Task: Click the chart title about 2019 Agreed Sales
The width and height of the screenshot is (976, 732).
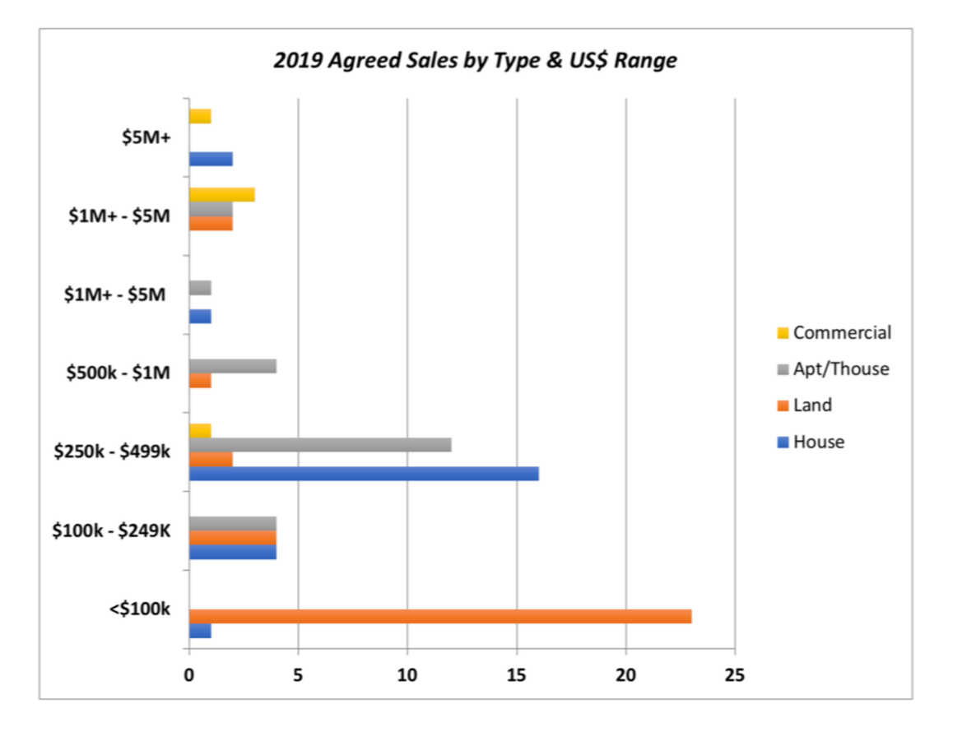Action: pos(475,60)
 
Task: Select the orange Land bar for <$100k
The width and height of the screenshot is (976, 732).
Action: pos(440,616)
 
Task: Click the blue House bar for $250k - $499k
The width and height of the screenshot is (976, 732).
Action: pos(364,474)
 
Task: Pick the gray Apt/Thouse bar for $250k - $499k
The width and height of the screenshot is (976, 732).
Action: pos(320,445)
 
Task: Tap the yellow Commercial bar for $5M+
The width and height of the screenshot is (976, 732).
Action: pos(200,116)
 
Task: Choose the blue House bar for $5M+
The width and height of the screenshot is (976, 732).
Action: pos(211,160)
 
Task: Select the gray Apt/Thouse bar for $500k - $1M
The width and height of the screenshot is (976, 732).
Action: pos(233,366)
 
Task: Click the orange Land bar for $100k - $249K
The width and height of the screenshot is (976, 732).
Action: pos(233,538)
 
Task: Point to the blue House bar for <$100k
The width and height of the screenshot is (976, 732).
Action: pos(200,631)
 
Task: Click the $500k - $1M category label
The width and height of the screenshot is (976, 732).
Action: pos(119,373)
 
